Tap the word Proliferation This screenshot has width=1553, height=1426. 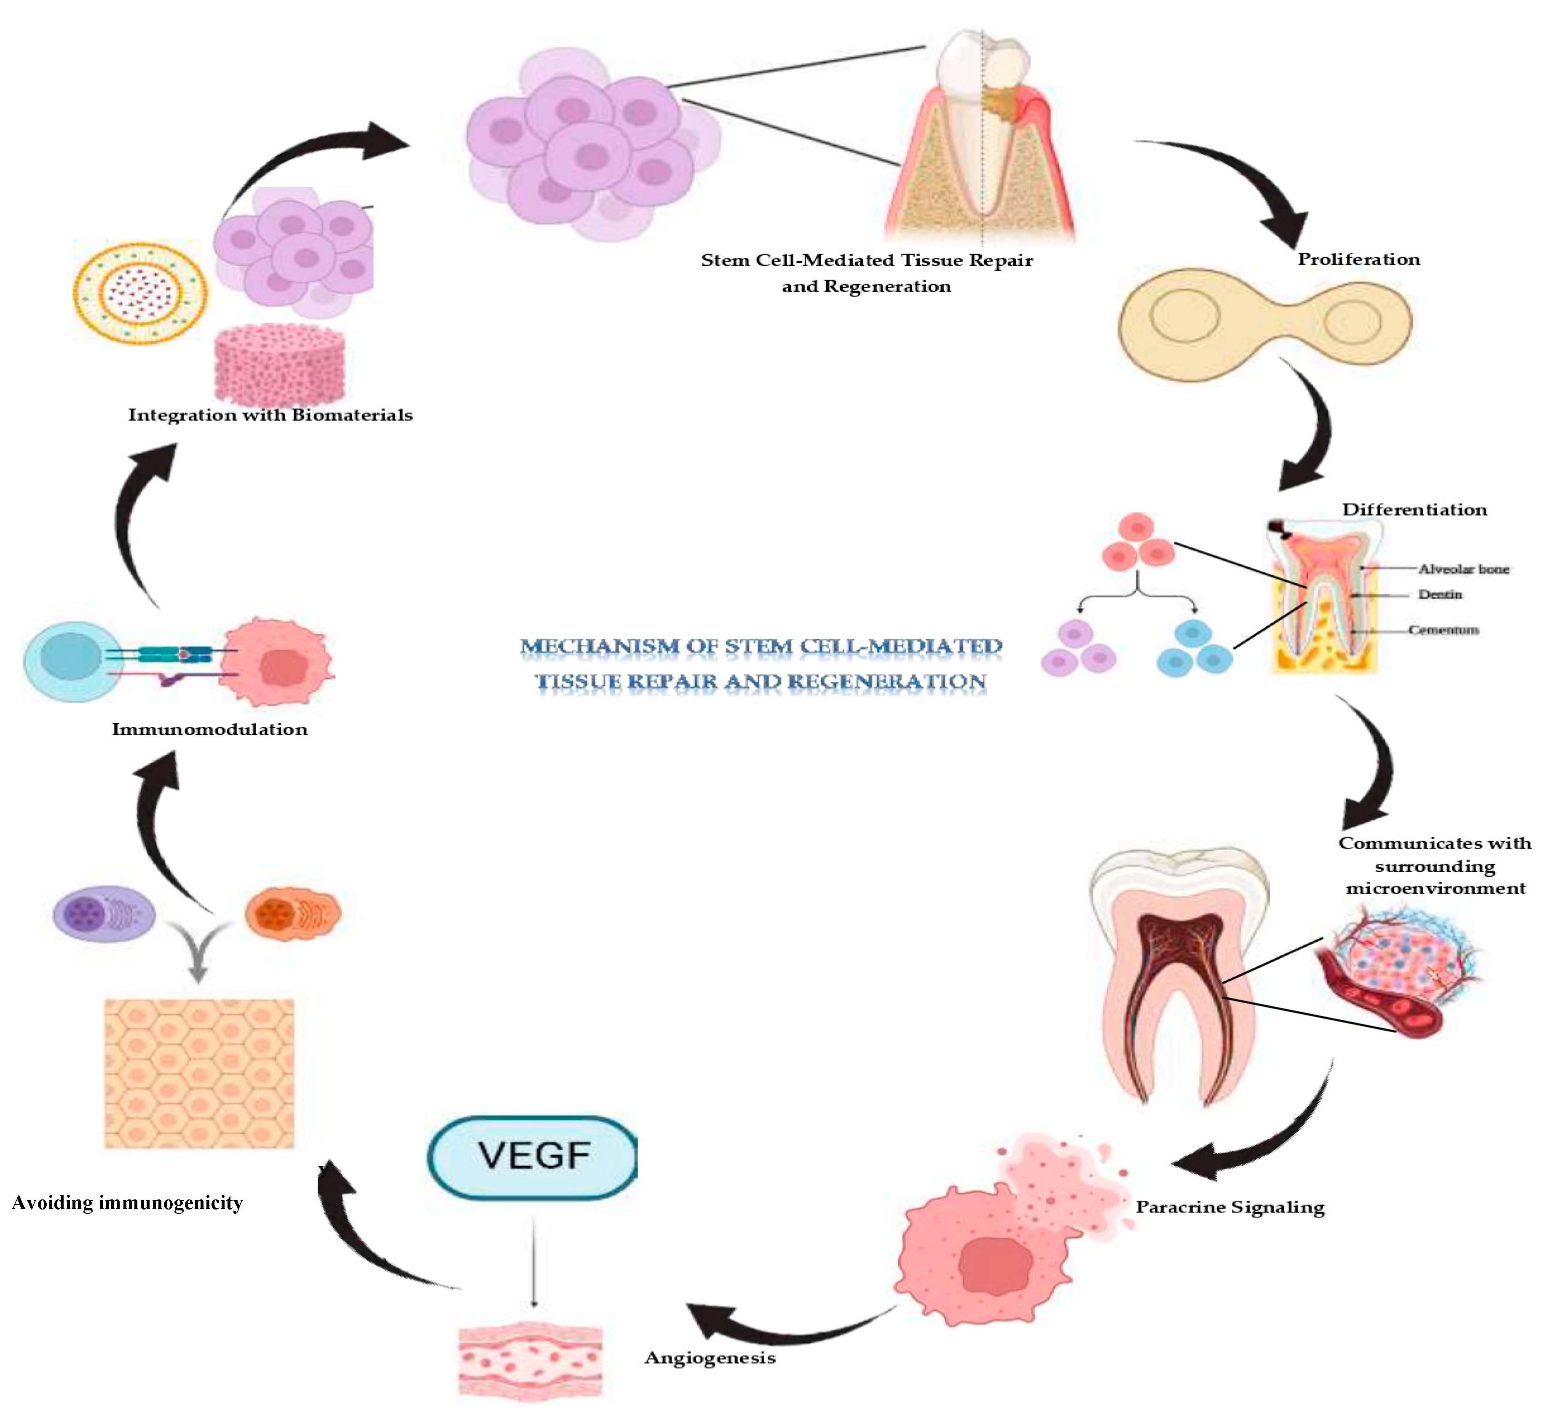(x=1358, y=259)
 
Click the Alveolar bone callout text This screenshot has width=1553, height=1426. (x=1463, y=569)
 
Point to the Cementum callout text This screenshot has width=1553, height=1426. (x=1443, y=630)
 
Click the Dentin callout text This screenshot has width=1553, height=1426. (x=1440, y=595)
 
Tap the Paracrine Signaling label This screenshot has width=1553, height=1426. (x=1229, y=1207)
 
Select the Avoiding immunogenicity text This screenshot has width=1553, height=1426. (x=127, y=1203)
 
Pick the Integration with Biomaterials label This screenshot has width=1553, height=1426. (x=270, y=415)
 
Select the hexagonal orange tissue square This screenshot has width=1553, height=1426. (x=199, y=1074)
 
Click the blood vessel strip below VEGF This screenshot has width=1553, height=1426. (x=530, y=1363)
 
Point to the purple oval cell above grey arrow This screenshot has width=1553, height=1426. (x=103, y=914)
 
